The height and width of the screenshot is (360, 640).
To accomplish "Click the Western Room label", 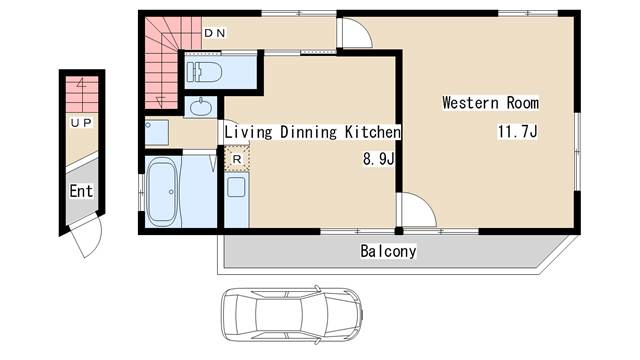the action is click(490, 102).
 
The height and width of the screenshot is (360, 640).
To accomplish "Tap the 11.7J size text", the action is click(517, 132).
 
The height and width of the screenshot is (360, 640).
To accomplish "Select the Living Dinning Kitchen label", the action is click(312, 132).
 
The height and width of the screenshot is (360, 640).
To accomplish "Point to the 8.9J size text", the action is click(378, 158).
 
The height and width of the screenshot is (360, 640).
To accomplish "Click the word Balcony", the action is click(388, 251).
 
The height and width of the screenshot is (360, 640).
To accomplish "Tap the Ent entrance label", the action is click(81, 191).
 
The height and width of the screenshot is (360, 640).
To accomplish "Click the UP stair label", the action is click(81, 122).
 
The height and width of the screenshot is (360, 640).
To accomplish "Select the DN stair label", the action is click(215, 33).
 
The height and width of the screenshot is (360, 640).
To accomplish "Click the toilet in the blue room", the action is click(204, 72).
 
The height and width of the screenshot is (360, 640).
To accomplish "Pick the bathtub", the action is click(162, 192).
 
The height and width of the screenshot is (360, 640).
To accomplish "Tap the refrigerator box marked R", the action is click(237, 159).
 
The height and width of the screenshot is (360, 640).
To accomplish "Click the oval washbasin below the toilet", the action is click(201, 107).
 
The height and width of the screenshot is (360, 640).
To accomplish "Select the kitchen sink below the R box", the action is click(236, 187).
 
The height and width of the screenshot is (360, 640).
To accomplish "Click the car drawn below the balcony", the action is click(291, 314).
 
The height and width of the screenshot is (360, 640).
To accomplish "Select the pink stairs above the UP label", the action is click(82, 94).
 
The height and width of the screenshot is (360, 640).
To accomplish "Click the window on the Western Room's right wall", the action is click(578, 151).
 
